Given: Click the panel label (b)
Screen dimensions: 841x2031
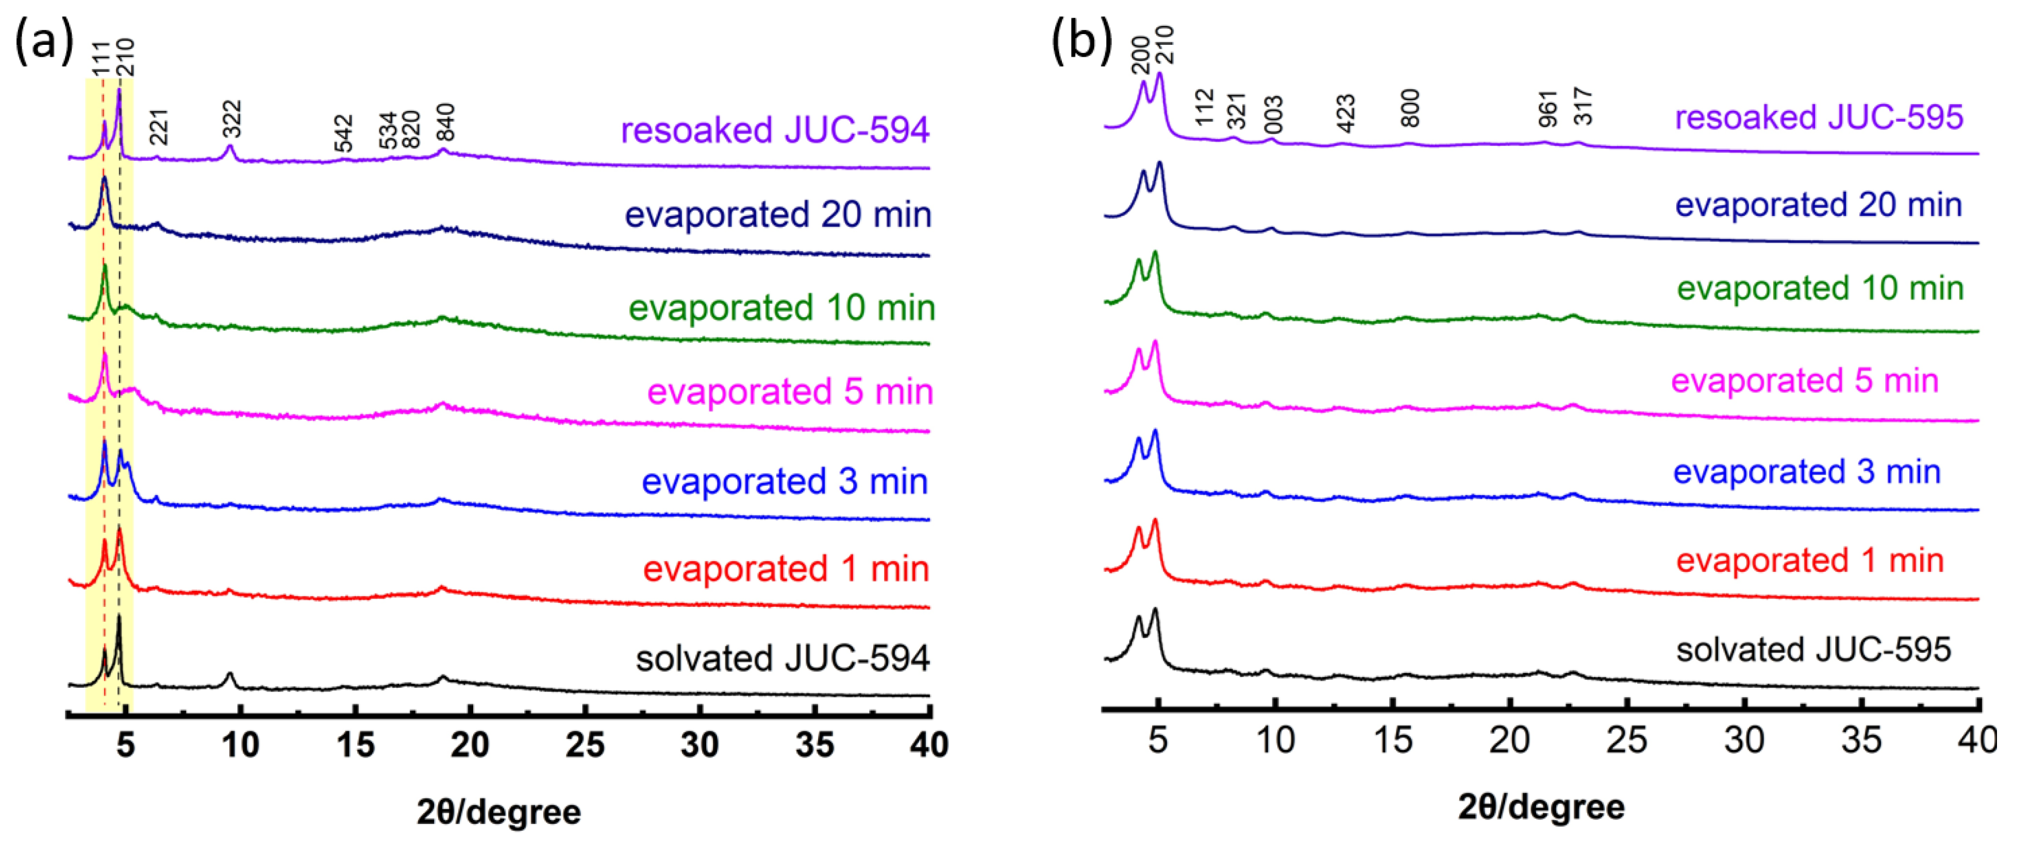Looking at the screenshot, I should coord(1081,40).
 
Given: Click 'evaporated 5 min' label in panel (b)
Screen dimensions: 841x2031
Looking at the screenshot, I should coord(1804,381).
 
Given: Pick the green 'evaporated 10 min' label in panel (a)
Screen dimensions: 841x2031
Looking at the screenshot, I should coord(780,308).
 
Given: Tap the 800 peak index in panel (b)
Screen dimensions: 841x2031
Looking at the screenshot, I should coord(1410,109).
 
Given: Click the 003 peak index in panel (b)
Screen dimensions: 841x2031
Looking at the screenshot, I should coord(1273,115).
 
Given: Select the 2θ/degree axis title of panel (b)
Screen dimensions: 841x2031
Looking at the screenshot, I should coord(1541,807).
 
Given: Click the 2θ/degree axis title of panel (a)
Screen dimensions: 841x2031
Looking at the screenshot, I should coord(498,812).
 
